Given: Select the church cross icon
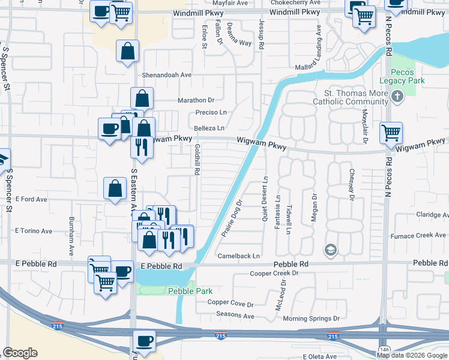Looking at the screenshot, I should coord(397,96).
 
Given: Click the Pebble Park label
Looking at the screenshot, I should coord(190,291).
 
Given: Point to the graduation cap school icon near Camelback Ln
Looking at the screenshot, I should coord(330,249).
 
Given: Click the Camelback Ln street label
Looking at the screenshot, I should coord(239,256).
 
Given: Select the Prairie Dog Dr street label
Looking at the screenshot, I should coord(232,218).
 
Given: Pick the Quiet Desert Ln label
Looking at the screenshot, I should coord(265,199).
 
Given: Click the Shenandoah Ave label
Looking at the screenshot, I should coord(166,75).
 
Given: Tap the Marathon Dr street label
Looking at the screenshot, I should coord(196,100).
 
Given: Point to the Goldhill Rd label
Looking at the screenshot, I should coord(196,159).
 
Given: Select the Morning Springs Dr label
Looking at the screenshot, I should coord(311,319).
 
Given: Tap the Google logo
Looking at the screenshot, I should coord(20,353).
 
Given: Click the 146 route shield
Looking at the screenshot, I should coord(383,349).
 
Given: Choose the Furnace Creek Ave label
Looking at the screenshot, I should coord(423,235).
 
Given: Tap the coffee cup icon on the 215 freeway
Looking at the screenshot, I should coord(144,341).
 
